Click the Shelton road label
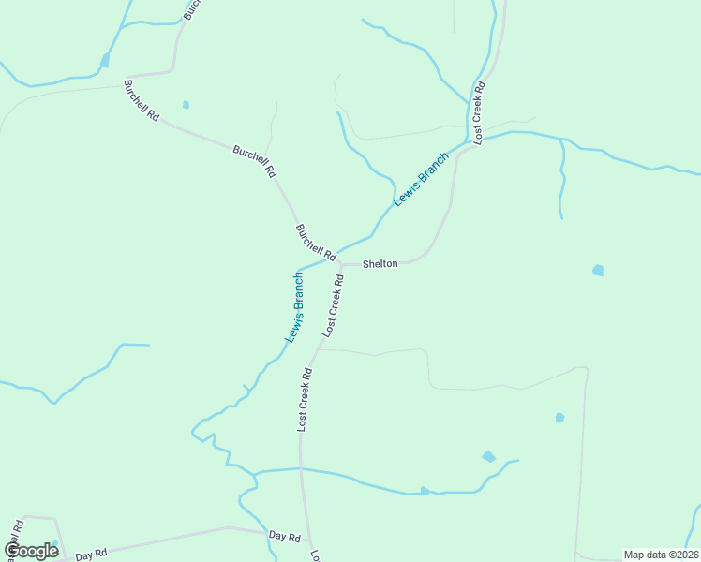coord(380,264)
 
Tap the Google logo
coord(31,551)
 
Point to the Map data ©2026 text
coord(661,555)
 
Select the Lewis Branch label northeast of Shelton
coord(421,179)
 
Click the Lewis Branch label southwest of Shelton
coord(295,306)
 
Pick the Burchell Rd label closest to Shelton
coord(316,242)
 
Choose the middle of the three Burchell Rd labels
coord(254,161)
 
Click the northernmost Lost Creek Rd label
coord(478,112)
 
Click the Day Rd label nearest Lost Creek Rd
coord(284,537)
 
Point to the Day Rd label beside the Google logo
coord(91,555)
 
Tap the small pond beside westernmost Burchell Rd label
coord(186,104)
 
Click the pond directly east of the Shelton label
coord(598,271)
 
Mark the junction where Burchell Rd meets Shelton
coord(341,264)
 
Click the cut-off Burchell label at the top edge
coord(191,9)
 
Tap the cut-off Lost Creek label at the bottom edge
coord(316,555)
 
